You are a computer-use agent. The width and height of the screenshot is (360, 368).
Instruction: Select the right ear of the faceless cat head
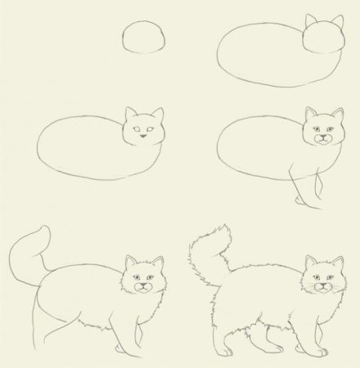pos(337,20)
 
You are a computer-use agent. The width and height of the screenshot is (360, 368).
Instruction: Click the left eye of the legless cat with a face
pos(135,128)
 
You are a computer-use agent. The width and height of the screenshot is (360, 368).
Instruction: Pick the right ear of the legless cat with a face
pos(157,114)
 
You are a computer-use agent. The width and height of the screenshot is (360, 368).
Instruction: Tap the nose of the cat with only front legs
pos(322,137)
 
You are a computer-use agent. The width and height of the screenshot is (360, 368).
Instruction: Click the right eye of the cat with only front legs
pos(331,128)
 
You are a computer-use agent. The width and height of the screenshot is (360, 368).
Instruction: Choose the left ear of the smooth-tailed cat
pos(130,262)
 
